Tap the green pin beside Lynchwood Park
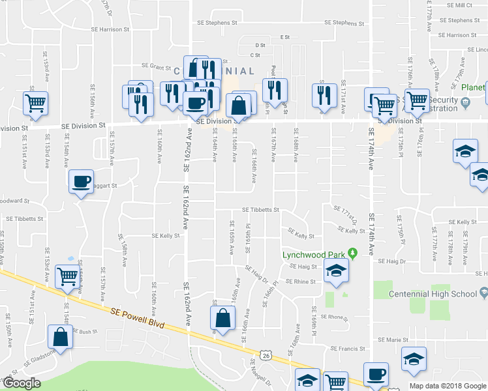(353, 253)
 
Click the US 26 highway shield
(265, 355)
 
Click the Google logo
(22, 383)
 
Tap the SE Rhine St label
(299, 282)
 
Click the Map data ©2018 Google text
(447, 386)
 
